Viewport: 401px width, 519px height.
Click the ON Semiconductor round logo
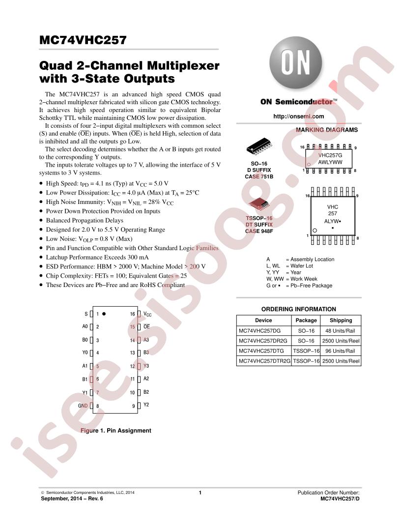pos(295,63)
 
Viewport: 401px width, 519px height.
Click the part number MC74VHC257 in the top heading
pos(83,40)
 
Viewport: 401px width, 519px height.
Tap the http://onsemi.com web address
pos(298,116)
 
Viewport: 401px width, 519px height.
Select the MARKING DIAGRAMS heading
pos(327,130)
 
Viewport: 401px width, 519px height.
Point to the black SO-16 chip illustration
pos(259,146)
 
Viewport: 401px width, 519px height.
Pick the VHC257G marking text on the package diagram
pos(330,155)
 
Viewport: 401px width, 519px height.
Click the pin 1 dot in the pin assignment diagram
pos(104,314)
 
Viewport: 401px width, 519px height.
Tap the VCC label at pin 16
pos(147,314)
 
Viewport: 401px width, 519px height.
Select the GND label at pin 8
pos(83,405)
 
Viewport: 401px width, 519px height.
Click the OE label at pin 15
pos(146,327)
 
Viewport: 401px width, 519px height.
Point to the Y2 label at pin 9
pos(146,404)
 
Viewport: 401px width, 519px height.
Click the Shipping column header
pos(341,320)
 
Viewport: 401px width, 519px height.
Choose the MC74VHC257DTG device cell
pos(261,351)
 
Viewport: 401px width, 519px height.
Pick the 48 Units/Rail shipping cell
pos(340,331)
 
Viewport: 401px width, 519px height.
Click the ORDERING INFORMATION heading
pos(298,309)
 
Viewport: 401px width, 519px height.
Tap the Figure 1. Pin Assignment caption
pos(116,431)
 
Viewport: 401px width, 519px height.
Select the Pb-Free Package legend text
pos(312,286)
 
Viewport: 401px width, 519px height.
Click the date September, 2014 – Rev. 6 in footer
pos(72,498)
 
